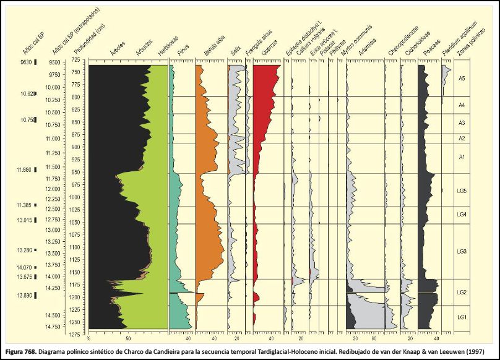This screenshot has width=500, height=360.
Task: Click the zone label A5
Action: click(x=462, y=79)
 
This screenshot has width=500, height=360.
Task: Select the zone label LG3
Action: click(x=461, y=251)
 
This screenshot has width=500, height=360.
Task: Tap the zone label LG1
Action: click(x=461, y=317)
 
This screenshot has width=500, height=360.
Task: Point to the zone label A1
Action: click(x=462, y=158)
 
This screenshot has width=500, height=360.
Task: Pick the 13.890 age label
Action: click(x=27, y=296)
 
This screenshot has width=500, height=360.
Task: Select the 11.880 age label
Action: click(x=27, y=168)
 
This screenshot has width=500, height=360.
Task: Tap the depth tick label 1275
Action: click(x=75, y=335)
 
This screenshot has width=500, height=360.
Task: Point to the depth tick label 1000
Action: click(x=75, y=197)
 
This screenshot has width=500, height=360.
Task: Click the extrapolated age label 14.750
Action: click(x=53, y=326)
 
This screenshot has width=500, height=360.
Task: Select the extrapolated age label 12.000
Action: click(x=53, y=189)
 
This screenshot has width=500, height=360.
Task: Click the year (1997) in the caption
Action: click(x=481, y=349)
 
